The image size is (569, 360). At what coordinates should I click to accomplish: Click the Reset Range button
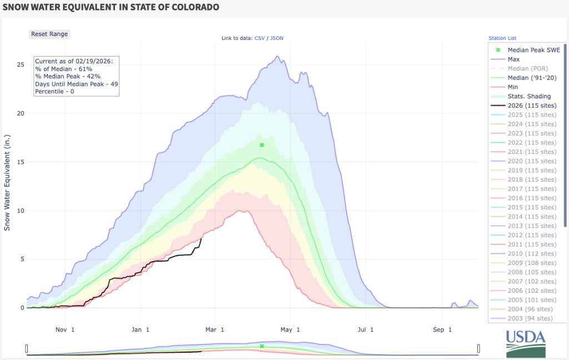pos(49,34)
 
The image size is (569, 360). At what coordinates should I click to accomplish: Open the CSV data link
pos(259,38)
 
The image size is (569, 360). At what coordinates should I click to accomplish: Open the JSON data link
pos(277,38)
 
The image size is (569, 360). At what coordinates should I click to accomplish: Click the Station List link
pos(502,38)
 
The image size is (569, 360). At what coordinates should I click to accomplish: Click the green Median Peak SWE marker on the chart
pos(262,145)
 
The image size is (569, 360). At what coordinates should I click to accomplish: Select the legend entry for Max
pos(513,59)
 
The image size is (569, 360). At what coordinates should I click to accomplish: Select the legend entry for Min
pos(513,87)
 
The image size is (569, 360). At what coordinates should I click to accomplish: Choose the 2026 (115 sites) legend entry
pos(532,106)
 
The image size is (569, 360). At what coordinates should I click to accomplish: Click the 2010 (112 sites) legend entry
pos(532,253)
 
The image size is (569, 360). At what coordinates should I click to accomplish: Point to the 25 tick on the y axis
pos(20,65)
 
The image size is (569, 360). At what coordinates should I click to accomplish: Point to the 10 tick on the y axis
pos(20,211)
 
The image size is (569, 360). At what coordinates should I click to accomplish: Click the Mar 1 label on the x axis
pos(214,329)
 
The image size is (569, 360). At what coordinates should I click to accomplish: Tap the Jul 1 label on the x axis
pos(365,329)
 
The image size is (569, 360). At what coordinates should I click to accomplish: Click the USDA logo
pos(525,343)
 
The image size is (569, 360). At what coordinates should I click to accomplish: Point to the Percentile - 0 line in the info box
pos(55,91)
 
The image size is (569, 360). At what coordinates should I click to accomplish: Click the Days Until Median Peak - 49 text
pos(76,84)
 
